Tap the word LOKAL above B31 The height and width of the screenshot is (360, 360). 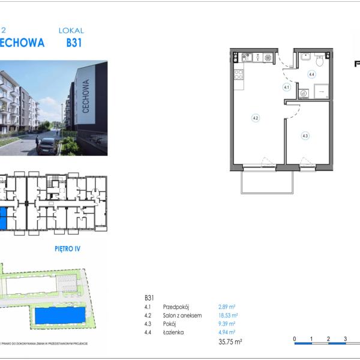[x=71, y=30]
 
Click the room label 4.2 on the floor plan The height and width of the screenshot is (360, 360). [x=256, y=118]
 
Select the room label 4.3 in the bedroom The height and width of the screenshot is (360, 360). [x=305, y=136]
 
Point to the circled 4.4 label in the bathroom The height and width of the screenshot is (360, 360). [x=311, y=75]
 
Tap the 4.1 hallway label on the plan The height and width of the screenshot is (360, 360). [x=287, y=87]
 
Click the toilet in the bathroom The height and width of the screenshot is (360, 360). [x=320, y=60]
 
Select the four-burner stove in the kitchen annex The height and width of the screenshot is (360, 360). [x=238, y=76]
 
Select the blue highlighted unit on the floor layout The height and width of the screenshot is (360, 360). [x=3, y=217]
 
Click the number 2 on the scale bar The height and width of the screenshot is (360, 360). [x=328, y=340]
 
